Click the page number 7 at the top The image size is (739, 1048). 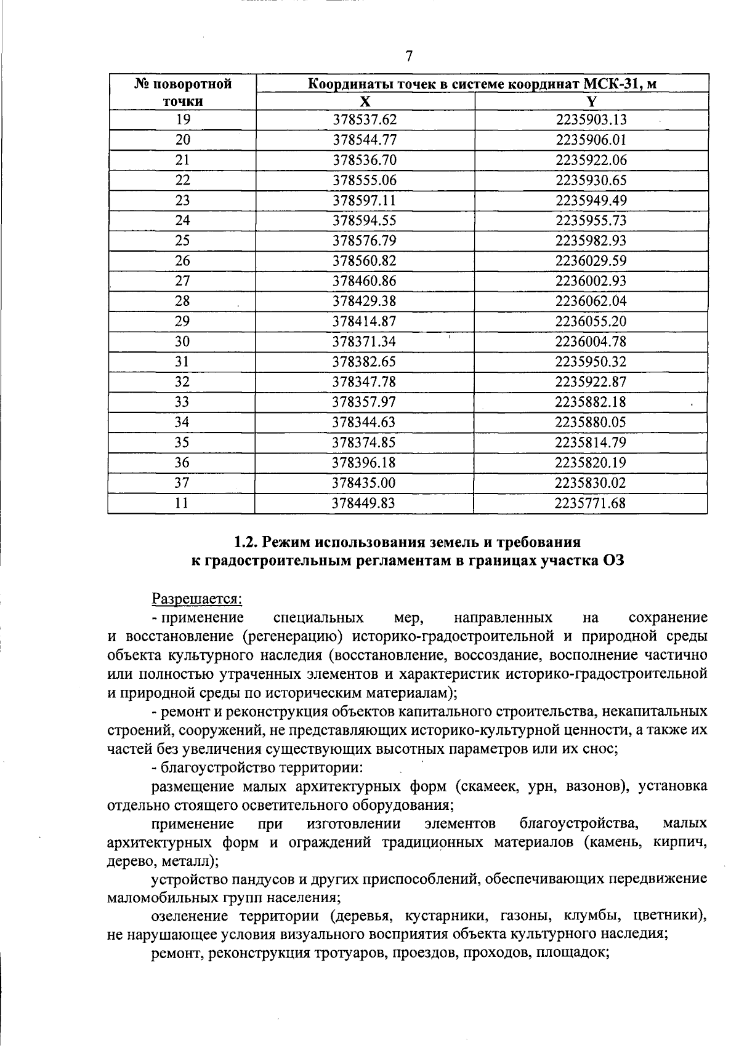[409, 57]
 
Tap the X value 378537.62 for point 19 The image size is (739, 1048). [365, 120]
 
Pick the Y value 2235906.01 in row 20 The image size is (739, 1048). [591, 140]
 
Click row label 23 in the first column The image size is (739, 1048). [183, 201]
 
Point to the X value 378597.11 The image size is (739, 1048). [365, 201]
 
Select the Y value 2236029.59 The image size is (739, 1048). [591, 261]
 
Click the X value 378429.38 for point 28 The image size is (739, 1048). [365, 301]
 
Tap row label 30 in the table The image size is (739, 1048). [183, 342]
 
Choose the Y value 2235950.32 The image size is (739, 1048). [591, 362]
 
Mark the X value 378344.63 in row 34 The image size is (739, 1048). [365, 422]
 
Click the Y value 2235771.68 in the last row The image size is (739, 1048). [590, 503]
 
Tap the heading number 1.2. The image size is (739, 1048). [246, 542]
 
